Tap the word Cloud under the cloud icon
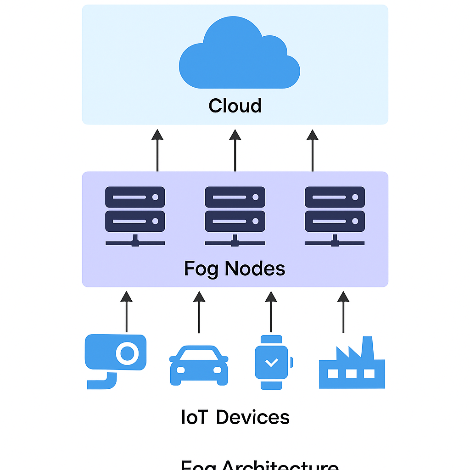(x=235, y=106)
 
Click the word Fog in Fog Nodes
(x=201, y=269)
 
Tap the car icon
(x=199, y=365)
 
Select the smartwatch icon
(x=272, y=362)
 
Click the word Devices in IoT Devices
(x=252, y=418)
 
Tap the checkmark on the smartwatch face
(x=272, y=362)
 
